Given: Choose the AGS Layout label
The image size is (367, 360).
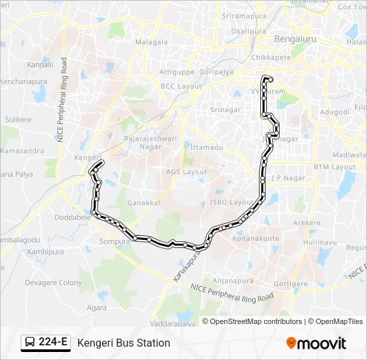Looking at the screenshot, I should [x=186, y=171].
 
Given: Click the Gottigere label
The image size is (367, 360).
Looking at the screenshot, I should [x=290, y=283].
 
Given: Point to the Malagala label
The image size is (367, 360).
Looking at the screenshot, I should [x=151, y=41].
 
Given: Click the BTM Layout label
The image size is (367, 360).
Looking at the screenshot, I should [x=335, y=167].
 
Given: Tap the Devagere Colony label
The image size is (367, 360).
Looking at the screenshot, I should [x=53, y=283].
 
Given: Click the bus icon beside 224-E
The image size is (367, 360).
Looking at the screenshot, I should [x=30, y=343].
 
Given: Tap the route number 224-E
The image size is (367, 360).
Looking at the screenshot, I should [x=53, y=343].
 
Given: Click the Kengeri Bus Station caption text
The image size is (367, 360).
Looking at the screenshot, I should [x=123, y=343].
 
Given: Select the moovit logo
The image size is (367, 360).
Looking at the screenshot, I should [x=316, y=343].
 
